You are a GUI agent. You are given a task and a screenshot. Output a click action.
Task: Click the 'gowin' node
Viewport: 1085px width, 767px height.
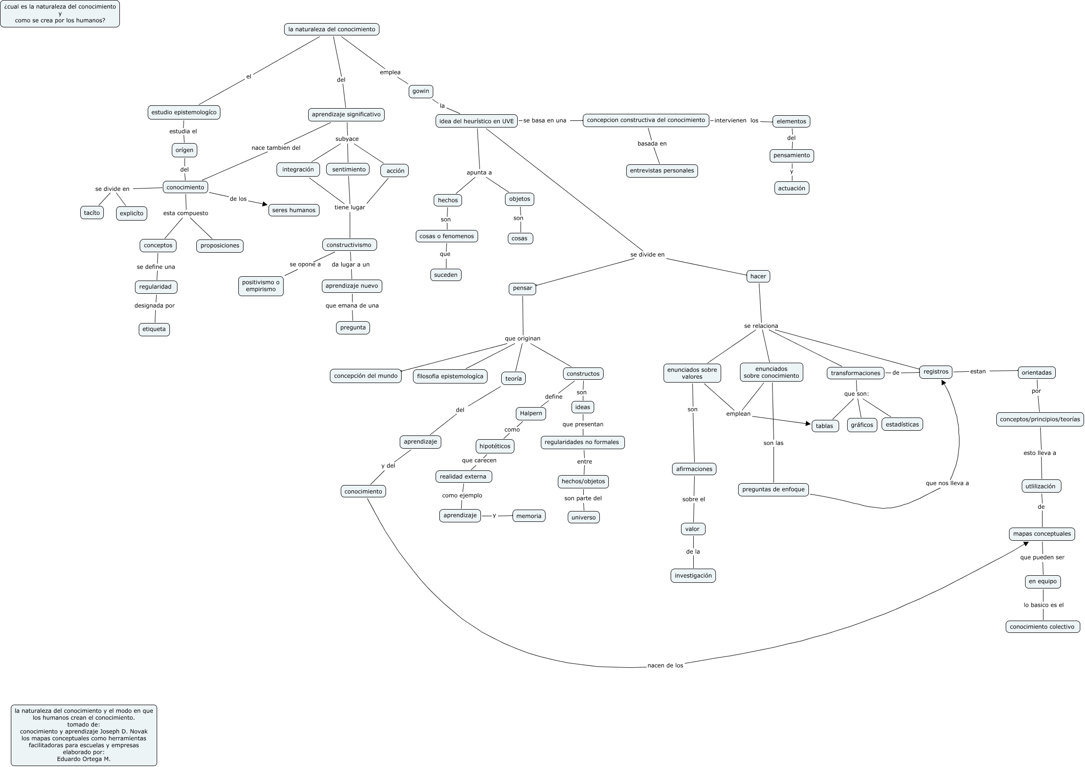point(421,91)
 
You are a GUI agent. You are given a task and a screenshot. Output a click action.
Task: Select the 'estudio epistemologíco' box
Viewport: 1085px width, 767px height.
point(184,112)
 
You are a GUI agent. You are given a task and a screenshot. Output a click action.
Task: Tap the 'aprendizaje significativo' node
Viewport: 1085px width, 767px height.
point(346,114)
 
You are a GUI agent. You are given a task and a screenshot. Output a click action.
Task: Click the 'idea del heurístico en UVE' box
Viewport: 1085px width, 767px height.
point(476,121)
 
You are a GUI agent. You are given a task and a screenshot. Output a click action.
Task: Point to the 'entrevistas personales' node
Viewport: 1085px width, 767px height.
point(662,170)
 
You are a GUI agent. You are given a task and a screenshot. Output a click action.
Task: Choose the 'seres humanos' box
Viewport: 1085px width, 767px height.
point(294,210)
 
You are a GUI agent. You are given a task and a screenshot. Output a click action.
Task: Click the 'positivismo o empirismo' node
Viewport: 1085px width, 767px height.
point(261,286)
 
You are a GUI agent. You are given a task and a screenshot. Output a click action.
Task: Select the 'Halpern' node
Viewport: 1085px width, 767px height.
point(530,413)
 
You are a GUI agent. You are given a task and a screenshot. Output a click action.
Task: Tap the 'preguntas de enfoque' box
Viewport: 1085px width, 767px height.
point(773,489)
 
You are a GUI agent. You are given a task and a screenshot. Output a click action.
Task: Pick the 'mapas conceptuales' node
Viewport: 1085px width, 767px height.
point(1042,534)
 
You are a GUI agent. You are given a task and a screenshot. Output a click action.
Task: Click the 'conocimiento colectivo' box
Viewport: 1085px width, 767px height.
point(1042,627)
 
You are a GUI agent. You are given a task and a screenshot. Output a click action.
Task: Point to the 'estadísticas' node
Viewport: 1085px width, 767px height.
point(901,424)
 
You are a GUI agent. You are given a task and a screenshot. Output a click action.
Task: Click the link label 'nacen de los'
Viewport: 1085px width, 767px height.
point(665,665)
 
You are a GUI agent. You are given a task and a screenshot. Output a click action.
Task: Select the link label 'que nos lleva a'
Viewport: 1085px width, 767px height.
point(947,483)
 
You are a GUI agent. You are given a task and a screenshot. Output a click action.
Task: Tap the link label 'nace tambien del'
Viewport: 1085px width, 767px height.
point(276,147)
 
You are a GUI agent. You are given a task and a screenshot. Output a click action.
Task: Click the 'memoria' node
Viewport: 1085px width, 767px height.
point(528,516)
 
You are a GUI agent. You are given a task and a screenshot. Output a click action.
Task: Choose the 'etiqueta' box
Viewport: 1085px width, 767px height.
point(154,329)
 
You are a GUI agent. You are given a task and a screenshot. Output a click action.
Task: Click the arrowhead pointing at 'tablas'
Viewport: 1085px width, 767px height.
point(807,424)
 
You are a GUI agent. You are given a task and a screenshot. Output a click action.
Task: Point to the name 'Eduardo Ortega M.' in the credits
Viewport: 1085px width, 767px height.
point(84,759)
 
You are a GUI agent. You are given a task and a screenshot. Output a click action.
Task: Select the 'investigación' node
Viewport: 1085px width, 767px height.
point(693,576)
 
